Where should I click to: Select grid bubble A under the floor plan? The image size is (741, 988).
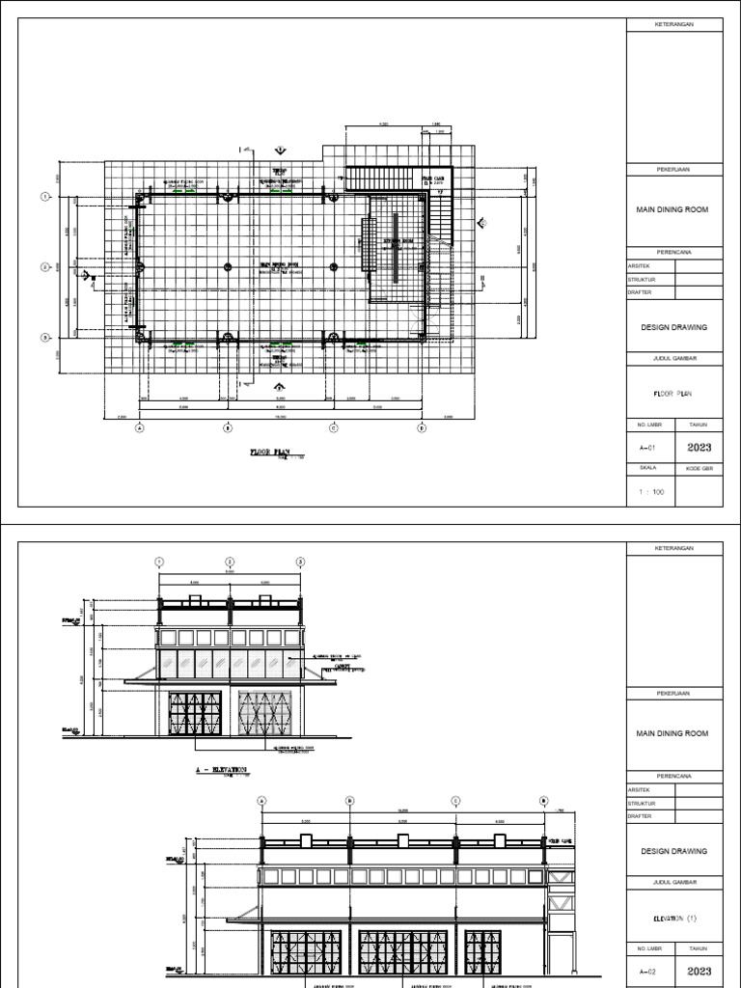pyautogui.click(x=139, y=427)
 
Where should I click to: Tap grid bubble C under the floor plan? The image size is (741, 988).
pyautogui.click(x=334, y=427)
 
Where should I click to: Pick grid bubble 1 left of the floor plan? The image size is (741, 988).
pyautogui.click(x=44, y=197)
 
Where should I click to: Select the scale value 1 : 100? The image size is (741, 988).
pyautogui.click(x=652, y=492)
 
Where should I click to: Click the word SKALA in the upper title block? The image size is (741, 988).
pyautogui.click(x=647, y=467)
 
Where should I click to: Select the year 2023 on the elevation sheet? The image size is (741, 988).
pyautogui.click(x=699, y=971)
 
